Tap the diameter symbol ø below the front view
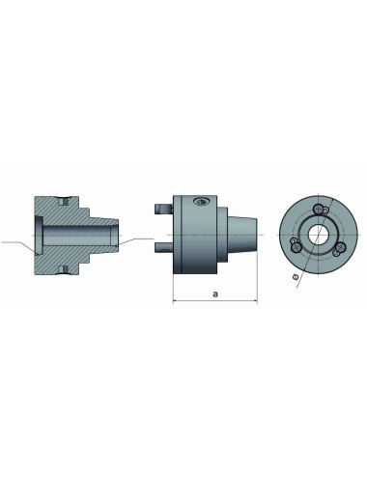point(295,277)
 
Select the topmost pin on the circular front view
point(325,210)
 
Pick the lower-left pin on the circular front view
point(294,247)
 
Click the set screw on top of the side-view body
point(200,202)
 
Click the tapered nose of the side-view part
point(248,231)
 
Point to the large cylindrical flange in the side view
point(198,231)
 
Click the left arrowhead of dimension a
point(176,301)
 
